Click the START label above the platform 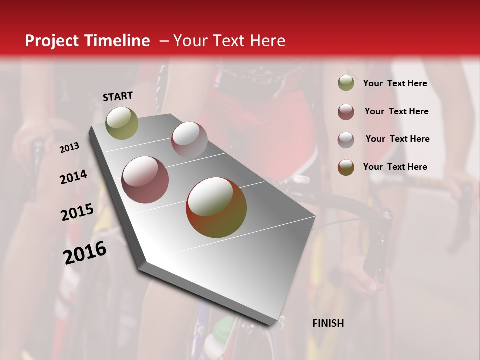(118, 96)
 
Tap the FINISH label (328, 323)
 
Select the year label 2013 (70, 147)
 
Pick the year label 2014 (73, 177)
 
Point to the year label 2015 (77, 212)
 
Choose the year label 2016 (85, 253)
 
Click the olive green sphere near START (122, 123)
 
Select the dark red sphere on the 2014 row (145, 180)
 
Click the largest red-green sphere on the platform (216, 207)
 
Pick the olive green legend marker (346, 83)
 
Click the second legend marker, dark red (346, 112)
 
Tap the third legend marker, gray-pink (346, 139)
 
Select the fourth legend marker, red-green (346, 167)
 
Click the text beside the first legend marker (395, 84)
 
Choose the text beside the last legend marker (395, 167)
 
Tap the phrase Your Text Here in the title (229, 41)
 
